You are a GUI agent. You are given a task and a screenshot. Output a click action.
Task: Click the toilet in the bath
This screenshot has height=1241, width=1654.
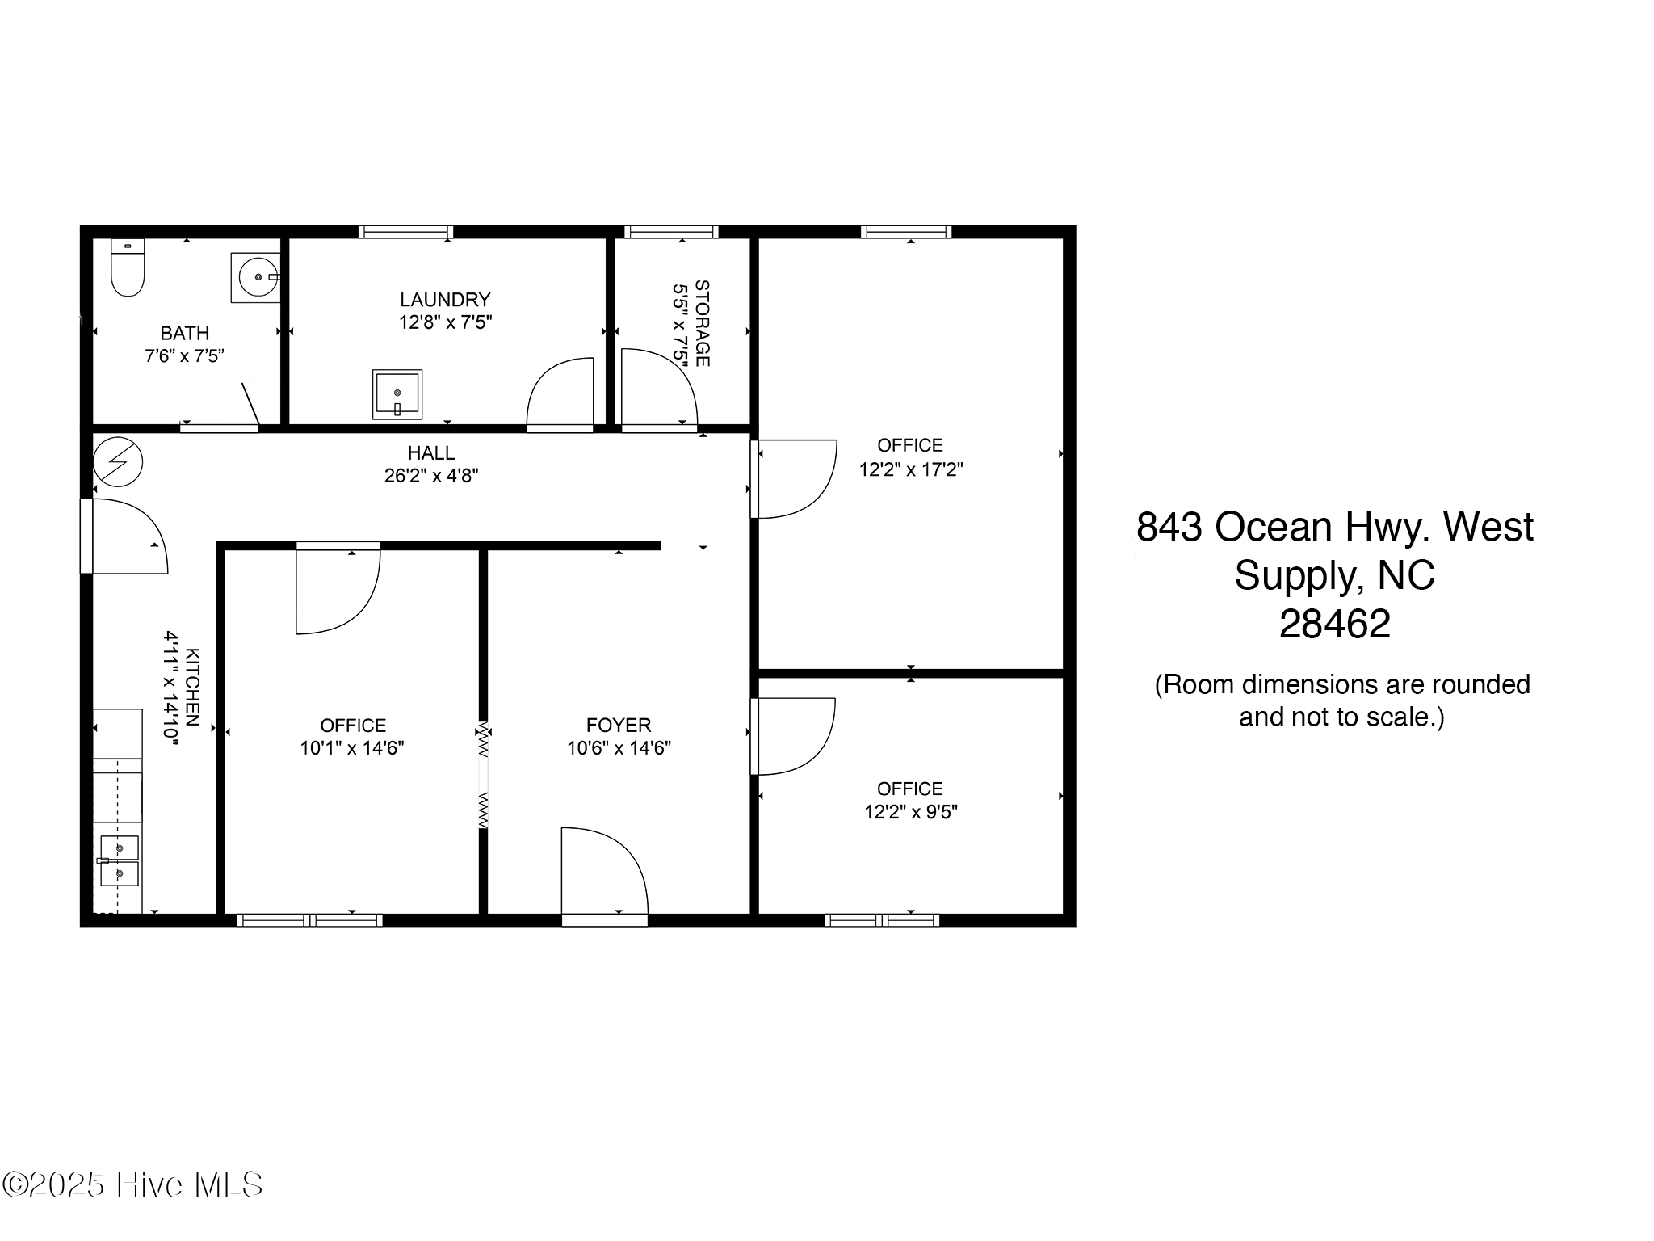pyautogui.click(x=127, y=267)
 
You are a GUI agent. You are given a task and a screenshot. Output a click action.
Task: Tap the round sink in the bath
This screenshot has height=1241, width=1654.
pyautogui.click(x=256, y=277)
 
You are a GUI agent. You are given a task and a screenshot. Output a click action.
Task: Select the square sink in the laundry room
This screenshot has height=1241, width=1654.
pyautogui.click(x=397, y=394)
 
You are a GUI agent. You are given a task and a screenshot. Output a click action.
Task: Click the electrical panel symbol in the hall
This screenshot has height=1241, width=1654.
pyautogui.click(x=118, y=462)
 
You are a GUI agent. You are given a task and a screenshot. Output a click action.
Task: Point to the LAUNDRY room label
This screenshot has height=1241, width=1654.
pyautogui.click(x=445, y=300)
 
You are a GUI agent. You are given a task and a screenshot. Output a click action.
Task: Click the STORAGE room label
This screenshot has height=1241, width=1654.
pyautogui.click(x=702, y=323)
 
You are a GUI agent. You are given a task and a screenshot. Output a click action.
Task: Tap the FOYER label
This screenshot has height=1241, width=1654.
pyautogui.click(x=619, y=725)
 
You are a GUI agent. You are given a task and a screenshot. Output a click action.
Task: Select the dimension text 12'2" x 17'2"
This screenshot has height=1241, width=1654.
pyautogui.click(x=911, y=469)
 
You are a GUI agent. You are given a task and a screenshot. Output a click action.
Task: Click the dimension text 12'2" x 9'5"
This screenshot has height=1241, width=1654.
pyautogui.click(x=911, y=811)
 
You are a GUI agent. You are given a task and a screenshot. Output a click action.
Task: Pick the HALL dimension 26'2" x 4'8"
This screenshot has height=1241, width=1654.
pyautogui.click(x=431, y=475)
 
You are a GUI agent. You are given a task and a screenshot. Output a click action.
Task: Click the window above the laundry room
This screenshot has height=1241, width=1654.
pyautogui.click(x=405, y=232)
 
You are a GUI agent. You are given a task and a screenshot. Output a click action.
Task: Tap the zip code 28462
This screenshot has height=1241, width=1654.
pyautogui.click(x=1335, y=624)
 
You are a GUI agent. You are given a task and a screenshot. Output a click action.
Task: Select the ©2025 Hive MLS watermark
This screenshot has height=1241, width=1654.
pyautogui.click(x=132, y=1185)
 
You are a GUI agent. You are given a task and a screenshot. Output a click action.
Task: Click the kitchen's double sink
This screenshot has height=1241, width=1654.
pyautogui.click(x=118, y=861)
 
